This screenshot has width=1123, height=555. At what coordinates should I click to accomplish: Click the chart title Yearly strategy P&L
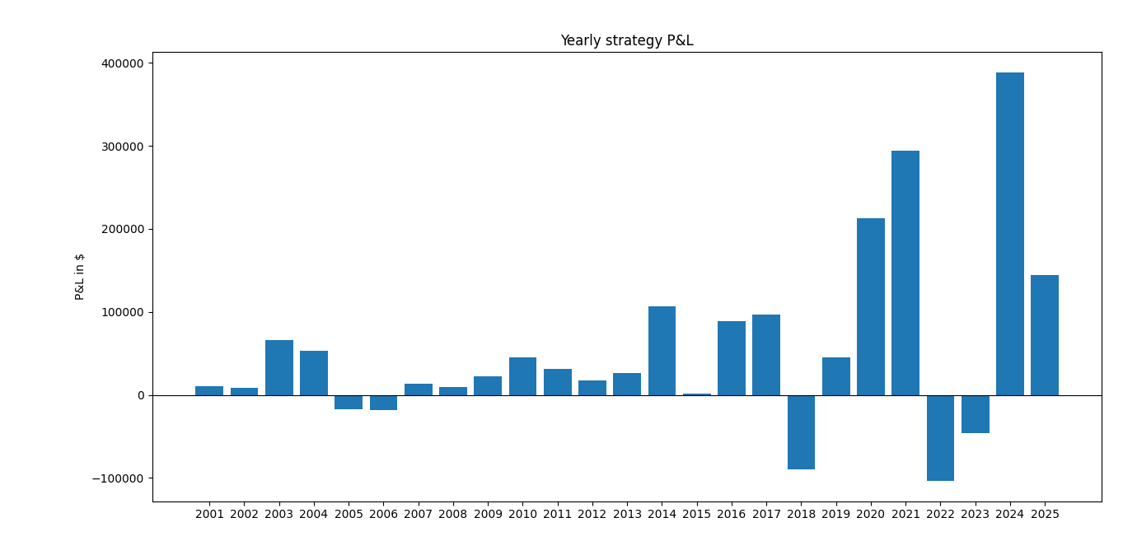[626, 41]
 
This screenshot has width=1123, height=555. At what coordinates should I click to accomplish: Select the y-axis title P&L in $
[80, 277]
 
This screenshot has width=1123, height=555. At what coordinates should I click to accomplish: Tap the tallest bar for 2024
[1009, 234]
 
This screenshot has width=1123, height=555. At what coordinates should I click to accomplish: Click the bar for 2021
[905, 273]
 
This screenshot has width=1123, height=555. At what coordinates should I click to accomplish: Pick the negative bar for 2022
[940, 438]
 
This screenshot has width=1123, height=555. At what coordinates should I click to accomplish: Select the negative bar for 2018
[801, 432]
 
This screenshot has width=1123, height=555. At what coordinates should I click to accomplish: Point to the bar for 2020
[870, 306]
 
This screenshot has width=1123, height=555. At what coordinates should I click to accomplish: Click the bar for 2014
[662, 351]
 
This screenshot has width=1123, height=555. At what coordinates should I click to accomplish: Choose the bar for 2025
[1044, 335]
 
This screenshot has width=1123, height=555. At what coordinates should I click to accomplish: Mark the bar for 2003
[278, 367]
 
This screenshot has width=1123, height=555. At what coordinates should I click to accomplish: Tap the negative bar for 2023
[975, 414]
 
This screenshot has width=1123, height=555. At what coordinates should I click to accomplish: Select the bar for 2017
[765, 355]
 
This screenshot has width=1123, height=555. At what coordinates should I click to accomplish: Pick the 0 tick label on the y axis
[140, 395]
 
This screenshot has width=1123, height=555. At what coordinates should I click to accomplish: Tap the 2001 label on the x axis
[209, 515]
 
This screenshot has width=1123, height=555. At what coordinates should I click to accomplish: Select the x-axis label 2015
[696, 515]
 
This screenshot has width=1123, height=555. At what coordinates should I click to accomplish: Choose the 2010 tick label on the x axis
[522, 515]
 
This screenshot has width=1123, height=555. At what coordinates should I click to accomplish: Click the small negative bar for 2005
[349, 403]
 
